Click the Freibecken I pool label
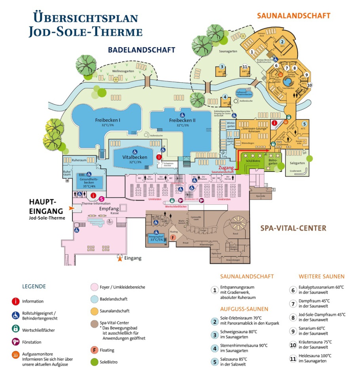pyautogui.click(x=108, y=120)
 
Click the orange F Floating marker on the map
pyautogui.click(x=172, y=238)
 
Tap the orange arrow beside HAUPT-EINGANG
pyautogui.click(x=72, y=208)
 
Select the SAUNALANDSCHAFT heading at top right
pyautogui.click(x=293, y=16)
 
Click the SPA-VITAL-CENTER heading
pyautogui.click(x=293, y=228)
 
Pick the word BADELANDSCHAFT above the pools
pyautogui.click(x=141, y=50)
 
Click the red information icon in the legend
pyautogui.click(x=15, y=301)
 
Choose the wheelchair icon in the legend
pyautogui.click(x=15, y=316)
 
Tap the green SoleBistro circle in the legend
pyautogui.click(x=94, y=361)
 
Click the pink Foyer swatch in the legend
pyautogui.click(x=94, y=287)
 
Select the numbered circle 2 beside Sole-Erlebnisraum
pyautogui.click(x=214, y=321)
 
